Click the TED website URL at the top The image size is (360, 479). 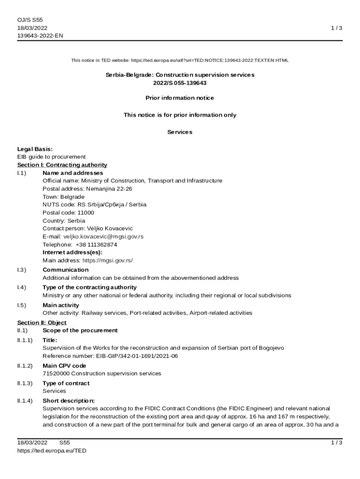tap(209, 60)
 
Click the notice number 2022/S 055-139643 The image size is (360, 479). tap(180, 83)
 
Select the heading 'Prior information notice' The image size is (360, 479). tap(180, 98)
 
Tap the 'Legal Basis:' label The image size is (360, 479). tap(35, 149)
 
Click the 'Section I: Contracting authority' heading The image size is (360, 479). tap(62, 165)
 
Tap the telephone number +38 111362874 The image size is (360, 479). tap(96, 244)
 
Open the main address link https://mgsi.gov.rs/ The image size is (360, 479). tap(111, 260)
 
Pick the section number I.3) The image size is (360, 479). tap(22, 270)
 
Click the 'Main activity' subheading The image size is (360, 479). tap(61, 305)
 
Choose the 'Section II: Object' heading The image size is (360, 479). tap(42, 323)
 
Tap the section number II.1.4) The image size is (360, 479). tap(25, 400)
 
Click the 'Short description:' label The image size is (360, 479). tap(68, 400)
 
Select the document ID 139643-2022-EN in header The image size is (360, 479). tap(40, 36)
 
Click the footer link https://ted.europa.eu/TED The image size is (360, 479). tap(52, 450)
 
